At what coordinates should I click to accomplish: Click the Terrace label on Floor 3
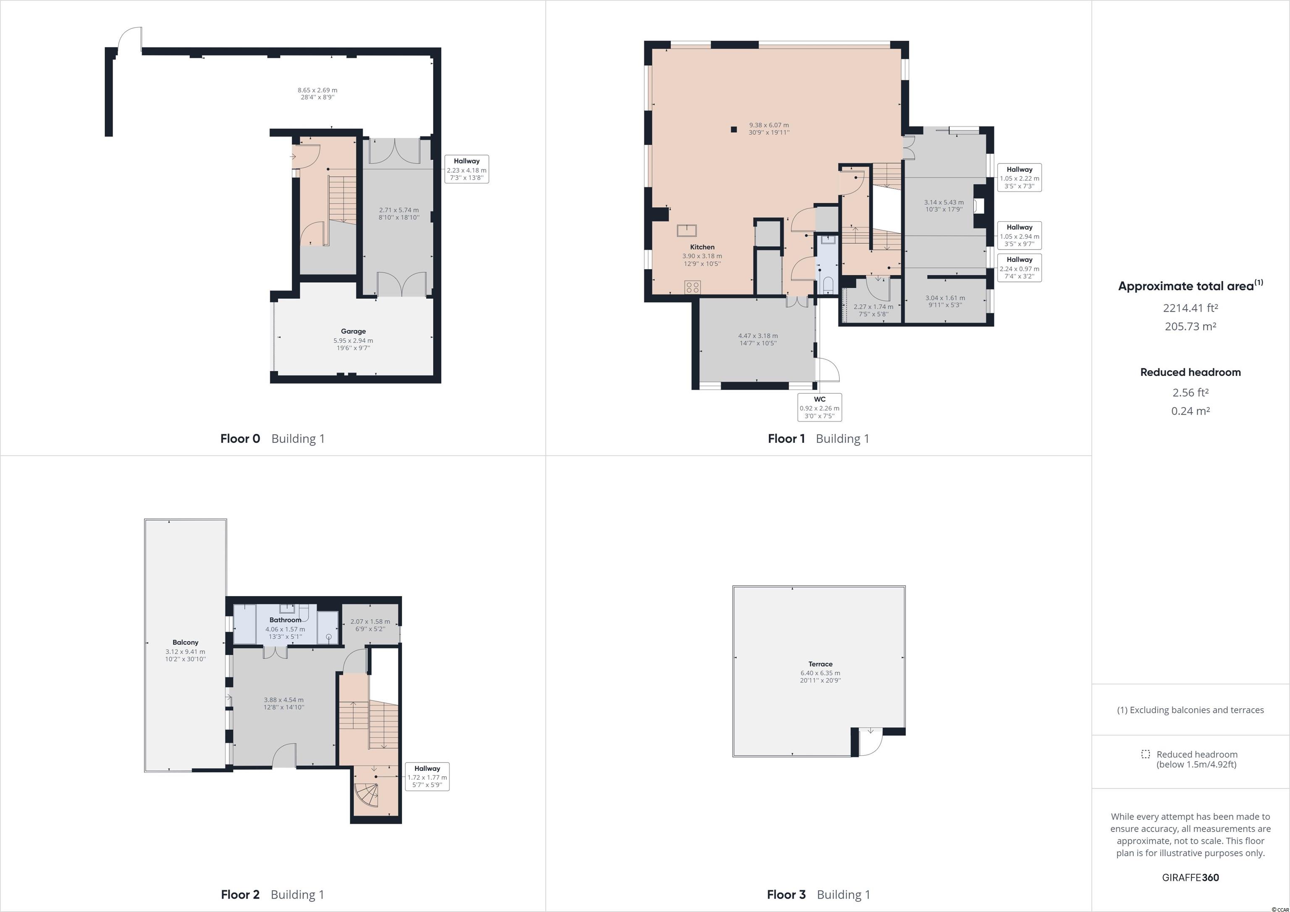820,664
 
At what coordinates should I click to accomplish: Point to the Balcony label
186,642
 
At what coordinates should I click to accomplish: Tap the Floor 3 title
786,895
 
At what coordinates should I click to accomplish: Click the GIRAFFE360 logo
1190,877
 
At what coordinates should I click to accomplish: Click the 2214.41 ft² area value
1190,308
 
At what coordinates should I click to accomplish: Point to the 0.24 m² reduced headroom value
1190,411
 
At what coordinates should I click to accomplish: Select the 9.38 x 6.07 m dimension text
768,125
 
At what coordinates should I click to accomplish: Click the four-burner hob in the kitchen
692,287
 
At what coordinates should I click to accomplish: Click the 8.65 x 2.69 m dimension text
317,90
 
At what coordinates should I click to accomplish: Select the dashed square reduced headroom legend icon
1146,754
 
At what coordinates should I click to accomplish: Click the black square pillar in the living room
734,130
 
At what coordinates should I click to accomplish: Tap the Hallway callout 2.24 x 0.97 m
1019,268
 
